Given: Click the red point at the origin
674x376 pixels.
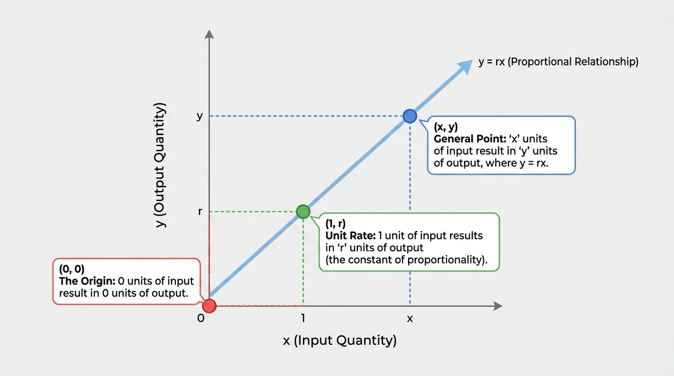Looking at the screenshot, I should [x=209, y=306].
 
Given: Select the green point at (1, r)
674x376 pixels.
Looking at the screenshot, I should [x=303, y=211].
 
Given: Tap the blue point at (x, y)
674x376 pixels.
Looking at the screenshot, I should [x=409, y=116].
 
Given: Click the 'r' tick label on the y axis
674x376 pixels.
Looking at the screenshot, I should [x=200, y=212].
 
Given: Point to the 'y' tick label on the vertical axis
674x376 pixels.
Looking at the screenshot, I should [x=200, y=117].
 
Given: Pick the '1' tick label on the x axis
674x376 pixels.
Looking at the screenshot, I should [x=303, y=318].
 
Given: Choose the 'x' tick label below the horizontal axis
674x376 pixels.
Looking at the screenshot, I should [x=410, y=319].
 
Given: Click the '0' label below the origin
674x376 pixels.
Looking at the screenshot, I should [x=200, y=318].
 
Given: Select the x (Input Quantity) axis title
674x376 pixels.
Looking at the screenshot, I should [x=339, y=340].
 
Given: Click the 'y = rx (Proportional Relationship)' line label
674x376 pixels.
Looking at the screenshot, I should [x=558, y=62].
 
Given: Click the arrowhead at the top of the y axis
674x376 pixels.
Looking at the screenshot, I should [x=209, y=34].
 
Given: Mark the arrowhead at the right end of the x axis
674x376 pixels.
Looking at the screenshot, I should [x=498, y=306].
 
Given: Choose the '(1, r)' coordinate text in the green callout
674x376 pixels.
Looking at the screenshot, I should [x=336, y=224].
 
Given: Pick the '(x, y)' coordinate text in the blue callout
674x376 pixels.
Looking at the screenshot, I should [x=446, y=127].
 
